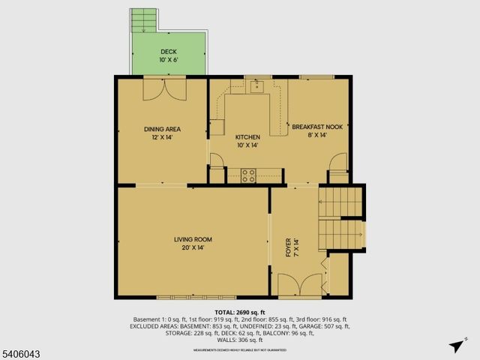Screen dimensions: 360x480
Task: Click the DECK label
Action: point(168,52)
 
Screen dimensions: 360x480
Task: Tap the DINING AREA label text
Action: point(162,129)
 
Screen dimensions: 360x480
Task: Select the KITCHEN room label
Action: point(247,137)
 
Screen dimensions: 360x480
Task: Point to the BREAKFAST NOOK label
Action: point(317,127)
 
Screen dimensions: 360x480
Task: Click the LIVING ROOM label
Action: point(193,239)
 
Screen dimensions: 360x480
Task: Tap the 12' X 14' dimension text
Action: point(162,137)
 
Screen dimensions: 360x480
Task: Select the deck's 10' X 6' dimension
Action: point(168,60)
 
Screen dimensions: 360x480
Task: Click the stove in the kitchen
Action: point(248,175)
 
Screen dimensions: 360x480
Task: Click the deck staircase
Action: point(144,20)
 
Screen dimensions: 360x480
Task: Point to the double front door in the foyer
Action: point(300,285)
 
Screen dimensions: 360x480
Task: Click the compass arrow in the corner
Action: point(455,346)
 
